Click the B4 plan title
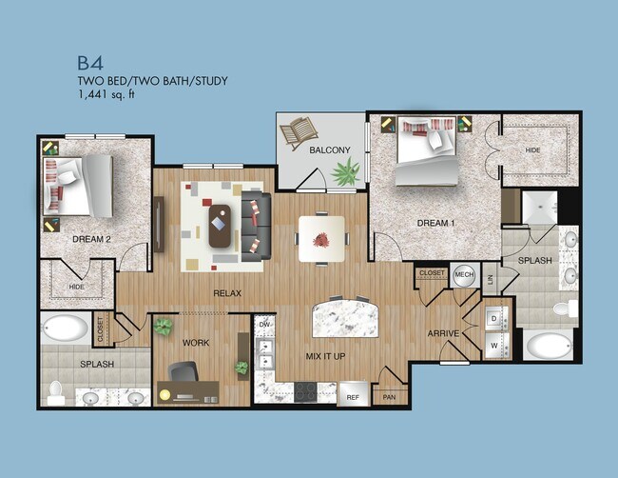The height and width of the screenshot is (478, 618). click(x=91, y=63)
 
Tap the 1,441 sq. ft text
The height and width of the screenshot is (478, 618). click(x=108, y=96)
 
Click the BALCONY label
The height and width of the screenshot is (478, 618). click(x=329, y=149)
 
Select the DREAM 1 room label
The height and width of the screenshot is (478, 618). click(x=435, y=223)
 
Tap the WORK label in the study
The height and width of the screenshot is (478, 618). click(x=197, y=342)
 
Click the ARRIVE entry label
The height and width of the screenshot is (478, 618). click(x=444, y=334)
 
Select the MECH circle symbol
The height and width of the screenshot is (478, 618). click(x=464, y=274)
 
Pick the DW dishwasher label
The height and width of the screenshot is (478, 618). click(x=266, y=326)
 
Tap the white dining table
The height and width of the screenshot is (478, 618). click(x=321, y=238)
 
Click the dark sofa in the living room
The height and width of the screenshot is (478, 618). click(x=254, y=225)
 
